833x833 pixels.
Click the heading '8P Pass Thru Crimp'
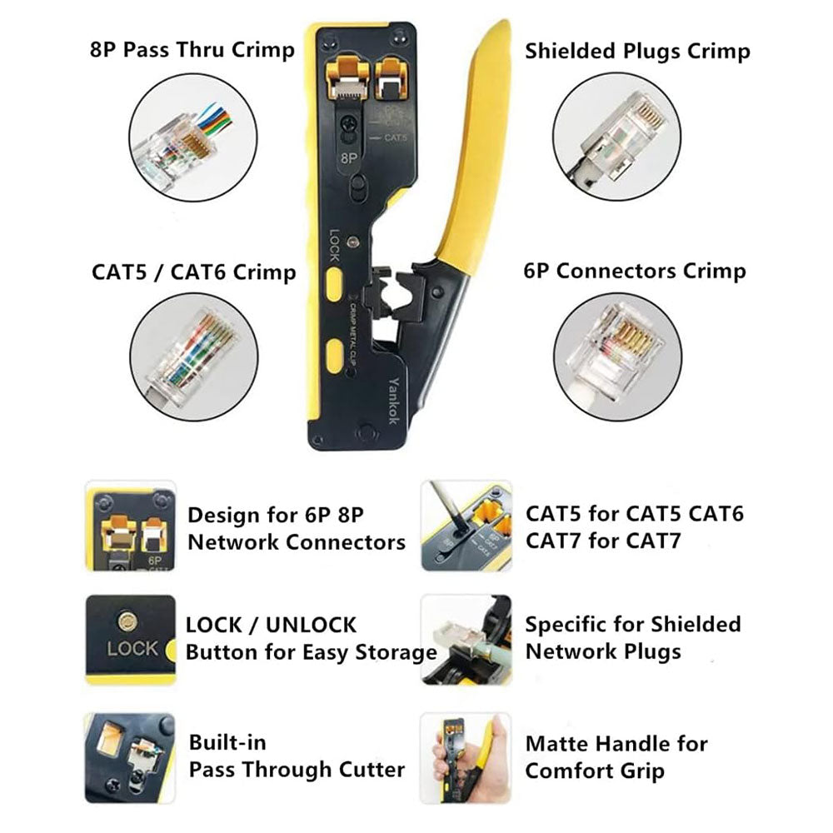(192, 50)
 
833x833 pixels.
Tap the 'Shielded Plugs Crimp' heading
(637, 51)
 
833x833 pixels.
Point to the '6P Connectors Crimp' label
(635, 271)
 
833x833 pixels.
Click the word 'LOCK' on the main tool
(334, 247)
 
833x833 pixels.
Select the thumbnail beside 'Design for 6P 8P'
(130, 526)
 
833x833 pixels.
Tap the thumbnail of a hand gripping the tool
(466, 757)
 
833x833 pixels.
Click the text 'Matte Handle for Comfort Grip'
(616, 757)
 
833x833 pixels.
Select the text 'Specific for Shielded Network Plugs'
(632, 637)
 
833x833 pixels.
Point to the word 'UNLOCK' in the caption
(312, 625)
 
